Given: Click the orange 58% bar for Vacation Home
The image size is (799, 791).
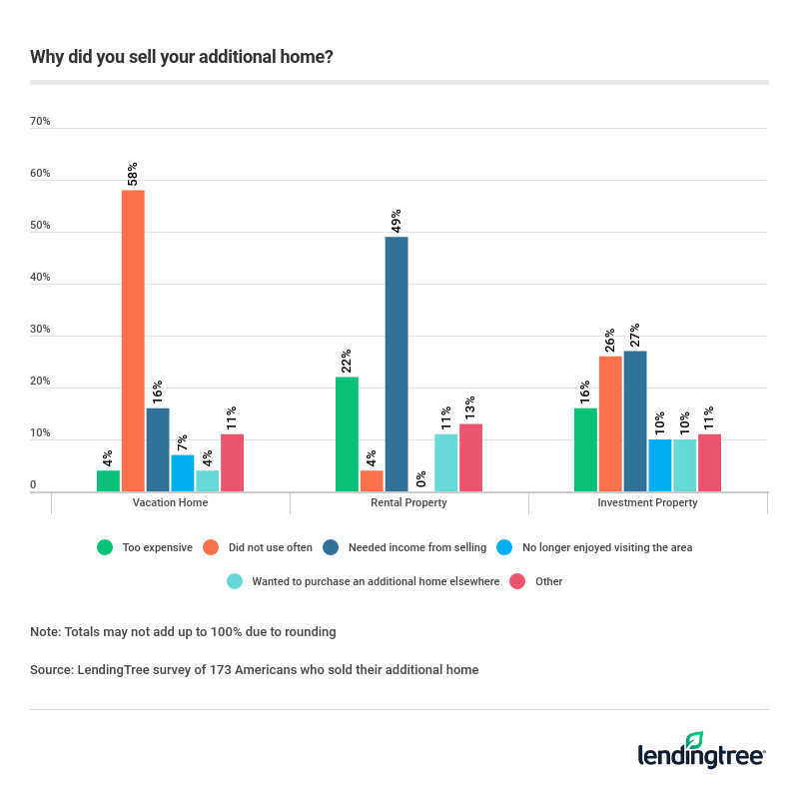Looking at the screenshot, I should tap(133, 340).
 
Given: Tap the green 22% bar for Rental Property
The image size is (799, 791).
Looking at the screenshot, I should tap(347, 433).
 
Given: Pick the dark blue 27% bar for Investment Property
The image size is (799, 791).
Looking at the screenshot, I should tap(634, 420).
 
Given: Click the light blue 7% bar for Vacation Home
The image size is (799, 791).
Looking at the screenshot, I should tap(183, 472).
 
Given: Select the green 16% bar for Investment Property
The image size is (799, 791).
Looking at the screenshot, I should tap(585, 449).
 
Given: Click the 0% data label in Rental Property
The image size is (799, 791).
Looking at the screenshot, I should tap(421, 478).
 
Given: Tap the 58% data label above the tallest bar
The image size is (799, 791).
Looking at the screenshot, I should tap(132, 173).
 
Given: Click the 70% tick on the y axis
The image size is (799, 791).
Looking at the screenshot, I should tap(40, 122).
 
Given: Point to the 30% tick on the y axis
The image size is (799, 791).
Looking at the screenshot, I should tap(40, 330).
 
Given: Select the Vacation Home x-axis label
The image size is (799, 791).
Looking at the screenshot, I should tap(170, 502).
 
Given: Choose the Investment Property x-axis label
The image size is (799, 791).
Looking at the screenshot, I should tap(647, 502).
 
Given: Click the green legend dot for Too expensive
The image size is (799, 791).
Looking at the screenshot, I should tap(104, 547).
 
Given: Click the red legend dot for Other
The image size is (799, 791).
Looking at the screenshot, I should tap(517, 581).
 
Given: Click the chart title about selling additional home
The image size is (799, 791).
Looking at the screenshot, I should tap(182, 57).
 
